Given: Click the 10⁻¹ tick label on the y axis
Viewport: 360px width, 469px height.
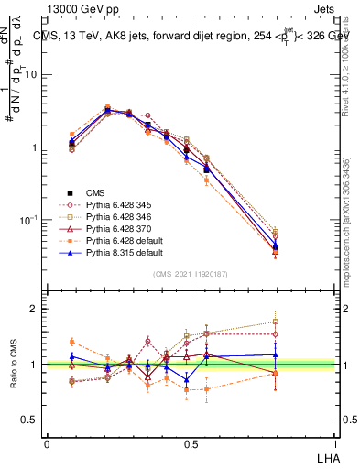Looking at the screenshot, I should [x=29, y=220].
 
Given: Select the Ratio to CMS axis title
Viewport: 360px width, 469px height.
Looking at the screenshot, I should [x=12, y=365].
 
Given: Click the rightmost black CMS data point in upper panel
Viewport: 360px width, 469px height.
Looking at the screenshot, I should [x=275, y=247].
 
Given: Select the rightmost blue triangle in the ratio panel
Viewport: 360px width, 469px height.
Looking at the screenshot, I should [x=275, y=354].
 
